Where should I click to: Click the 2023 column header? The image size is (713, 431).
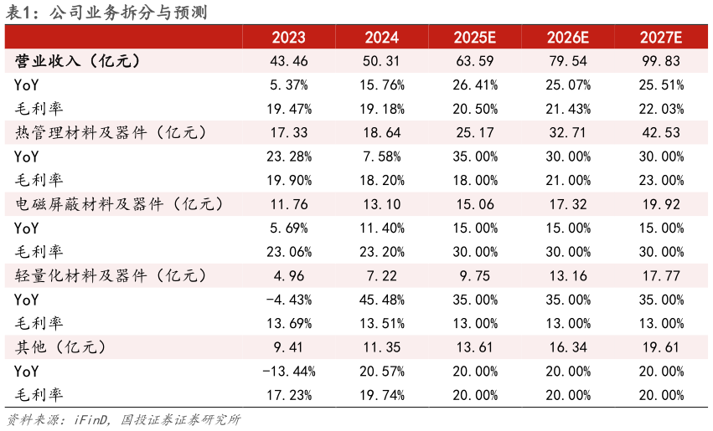288,38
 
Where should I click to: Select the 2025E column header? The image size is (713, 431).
474,38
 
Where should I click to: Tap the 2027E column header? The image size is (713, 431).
660,38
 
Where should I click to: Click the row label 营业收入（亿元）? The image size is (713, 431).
77,61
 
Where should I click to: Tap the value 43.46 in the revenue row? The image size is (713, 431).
288,61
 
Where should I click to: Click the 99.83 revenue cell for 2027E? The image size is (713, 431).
660,61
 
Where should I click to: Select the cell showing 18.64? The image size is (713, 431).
381,133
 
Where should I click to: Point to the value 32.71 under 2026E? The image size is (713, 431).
567,133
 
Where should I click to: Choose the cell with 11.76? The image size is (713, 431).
288,204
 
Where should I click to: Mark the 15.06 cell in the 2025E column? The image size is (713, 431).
474,204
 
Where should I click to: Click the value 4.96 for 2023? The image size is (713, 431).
288,275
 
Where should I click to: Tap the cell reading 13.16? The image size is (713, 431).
567,275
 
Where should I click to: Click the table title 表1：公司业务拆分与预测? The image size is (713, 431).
107,13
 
